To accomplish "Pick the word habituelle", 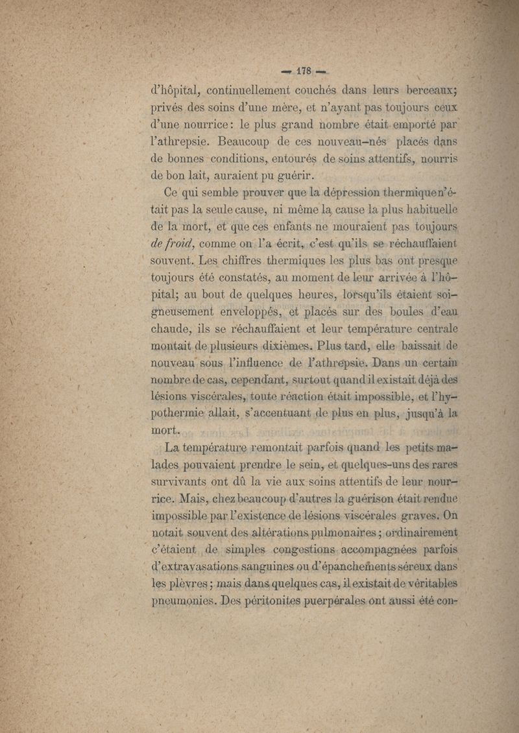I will pyautogui.click(x=426, y=210).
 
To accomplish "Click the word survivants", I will pyautogui.click(x=179, y=481).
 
